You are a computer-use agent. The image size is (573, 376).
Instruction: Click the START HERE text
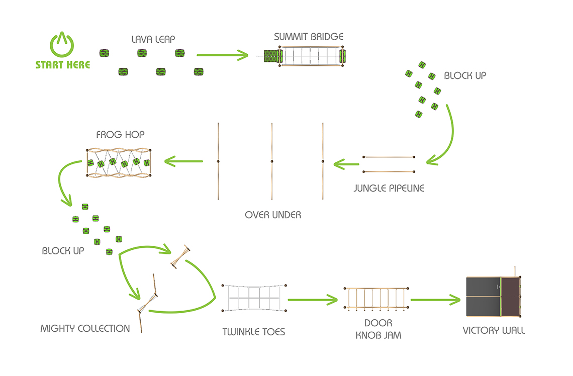pyautogui.click(x=62, y=65)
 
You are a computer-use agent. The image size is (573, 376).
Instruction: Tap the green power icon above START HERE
pyautogui.click(x=62, y=44)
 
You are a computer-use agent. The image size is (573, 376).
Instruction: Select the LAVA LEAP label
pyautogui.click(x=153, y=39)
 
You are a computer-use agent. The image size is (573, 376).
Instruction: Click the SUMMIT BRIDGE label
pyautogui.click(x=309, y=37)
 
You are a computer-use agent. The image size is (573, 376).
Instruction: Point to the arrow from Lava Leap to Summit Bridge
pyautogui.click(x=222, y=55)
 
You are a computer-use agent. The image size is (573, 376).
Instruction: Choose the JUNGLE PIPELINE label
pyautogui.click(x=389, y=188)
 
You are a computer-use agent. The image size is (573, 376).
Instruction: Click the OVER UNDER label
pyautogui.click(x=273, y=215)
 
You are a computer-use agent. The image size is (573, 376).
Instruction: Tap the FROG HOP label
pyautogui.click(x=120, y=135)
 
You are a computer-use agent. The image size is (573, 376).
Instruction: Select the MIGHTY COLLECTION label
pyautogui.click(x=85, y=329)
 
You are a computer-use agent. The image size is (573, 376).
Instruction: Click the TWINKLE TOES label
pyautogui.click(x=254, y=332)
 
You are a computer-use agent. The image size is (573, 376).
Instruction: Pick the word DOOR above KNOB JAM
pyautogui.click(x=378, y=323)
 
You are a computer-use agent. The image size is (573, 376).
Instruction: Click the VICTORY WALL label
pyautogui.click(x=494, y=330)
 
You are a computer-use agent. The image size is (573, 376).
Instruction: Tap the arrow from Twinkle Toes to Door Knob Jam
pyautogui.click(x=313, y=300)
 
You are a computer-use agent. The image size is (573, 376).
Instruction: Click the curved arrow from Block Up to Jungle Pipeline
pyautogui.click(x=452, y=135)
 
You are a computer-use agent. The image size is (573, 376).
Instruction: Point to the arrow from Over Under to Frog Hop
pyautogui.click(x=183, y=161)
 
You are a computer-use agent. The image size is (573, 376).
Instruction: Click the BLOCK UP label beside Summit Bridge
pyautogui.click(x=465, y=75)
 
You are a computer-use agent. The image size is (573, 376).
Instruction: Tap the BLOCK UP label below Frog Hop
pyautogui.click(x=63, y=251)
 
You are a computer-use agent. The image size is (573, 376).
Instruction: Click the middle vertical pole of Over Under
pyautogui.click(x=272, y=161)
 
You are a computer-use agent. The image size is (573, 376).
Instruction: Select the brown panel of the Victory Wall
pyautogui.click(x=510, y=297)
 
